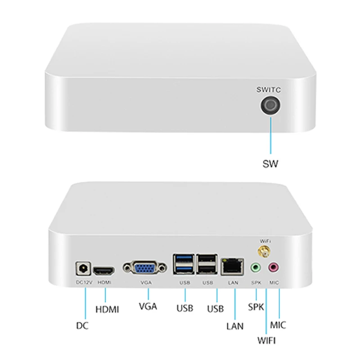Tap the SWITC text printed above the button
pos(269,90)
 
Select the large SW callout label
pos(270,164)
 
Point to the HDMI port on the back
pos(104,271)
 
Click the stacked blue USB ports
pos(184,265)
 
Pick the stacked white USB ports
pos(207,265)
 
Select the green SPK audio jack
pos(256,268)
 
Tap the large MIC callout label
pos(278,324)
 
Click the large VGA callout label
pos(148,307)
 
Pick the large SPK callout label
pos(256,308)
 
